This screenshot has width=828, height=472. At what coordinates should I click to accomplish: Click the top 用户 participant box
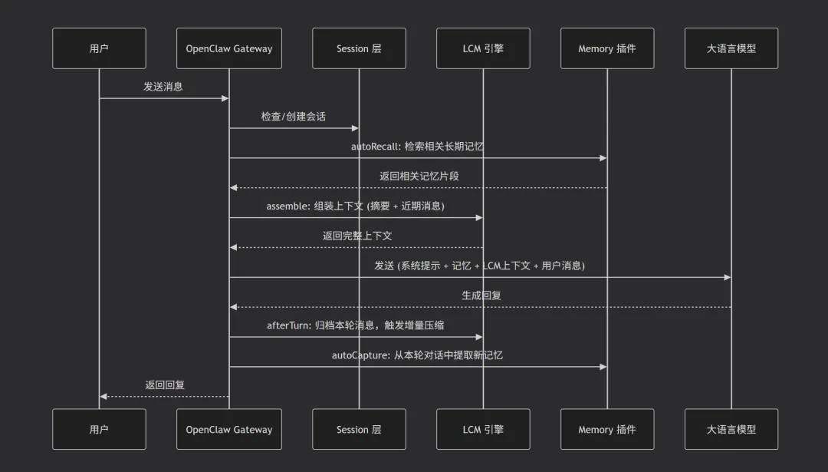point(99,48)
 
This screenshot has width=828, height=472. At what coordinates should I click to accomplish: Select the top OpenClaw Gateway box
point(228,48)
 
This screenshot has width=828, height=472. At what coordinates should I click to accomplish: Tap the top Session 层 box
point(359,48)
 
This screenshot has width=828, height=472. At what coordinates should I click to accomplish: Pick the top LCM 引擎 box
point(483,48)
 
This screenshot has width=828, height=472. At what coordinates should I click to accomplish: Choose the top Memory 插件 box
point(606,48)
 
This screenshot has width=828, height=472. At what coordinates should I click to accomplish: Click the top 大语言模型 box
point(731,48)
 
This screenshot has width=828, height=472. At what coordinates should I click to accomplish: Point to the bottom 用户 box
point(99,429)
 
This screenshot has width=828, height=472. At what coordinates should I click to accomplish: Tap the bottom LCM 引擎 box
point(483,429)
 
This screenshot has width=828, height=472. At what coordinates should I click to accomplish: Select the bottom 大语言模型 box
point(731,429)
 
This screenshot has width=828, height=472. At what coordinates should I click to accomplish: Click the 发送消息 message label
point(163,87)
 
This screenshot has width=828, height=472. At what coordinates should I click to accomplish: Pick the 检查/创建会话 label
point(293,117)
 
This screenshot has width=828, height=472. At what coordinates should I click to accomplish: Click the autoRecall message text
point(417,147)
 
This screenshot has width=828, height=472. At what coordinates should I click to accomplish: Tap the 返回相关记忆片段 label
point(419,177)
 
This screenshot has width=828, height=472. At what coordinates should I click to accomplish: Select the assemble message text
point(355,206)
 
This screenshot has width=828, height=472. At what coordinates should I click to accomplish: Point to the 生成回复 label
point(481,295)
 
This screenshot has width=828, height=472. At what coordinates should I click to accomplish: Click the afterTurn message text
point(355,325)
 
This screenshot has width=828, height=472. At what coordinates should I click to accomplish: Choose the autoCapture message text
point(417,355)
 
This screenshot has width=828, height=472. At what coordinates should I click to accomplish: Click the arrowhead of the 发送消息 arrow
point(225,98)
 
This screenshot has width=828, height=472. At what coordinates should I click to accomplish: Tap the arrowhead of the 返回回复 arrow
point(103,396)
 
